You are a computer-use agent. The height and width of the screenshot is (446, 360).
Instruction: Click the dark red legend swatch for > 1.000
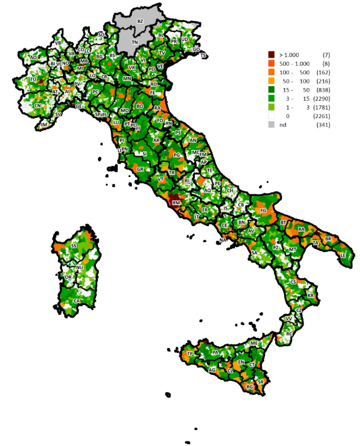(x=271, y=55)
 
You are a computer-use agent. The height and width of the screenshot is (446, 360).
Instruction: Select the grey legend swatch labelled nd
(x=271, y=125)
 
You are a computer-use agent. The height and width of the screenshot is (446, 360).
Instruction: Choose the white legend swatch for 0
(x=271, y=116)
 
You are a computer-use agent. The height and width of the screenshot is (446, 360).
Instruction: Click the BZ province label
(x=140, y=21)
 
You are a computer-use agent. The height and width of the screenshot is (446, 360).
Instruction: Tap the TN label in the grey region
(x=135, y=42)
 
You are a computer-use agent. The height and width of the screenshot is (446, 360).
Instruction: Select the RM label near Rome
(x=176, y=203)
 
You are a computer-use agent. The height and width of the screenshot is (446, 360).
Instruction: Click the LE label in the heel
(x=342, y=256)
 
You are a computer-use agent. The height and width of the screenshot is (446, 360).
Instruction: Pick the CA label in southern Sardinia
(x=76, y=301)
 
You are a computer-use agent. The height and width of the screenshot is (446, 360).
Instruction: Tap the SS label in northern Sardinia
(x=74, y=246)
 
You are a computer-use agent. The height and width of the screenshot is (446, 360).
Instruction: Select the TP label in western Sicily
(x=190, y=354)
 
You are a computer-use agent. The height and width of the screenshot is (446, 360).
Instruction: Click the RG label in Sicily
(x=250, y=387)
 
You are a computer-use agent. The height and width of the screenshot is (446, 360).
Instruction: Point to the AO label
(x=33, y=58)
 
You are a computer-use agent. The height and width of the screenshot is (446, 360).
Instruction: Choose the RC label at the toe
(x=289, y=334)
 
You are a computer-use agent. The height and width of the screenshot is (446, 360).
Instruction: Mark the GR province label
(x=140, y=169)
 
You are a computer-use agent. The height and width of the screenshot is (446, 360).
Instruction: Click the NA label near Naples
(x=223, y=240)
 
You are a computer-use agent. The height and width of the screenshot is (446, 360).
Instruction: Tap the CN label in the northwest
(x=37, y=106)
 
